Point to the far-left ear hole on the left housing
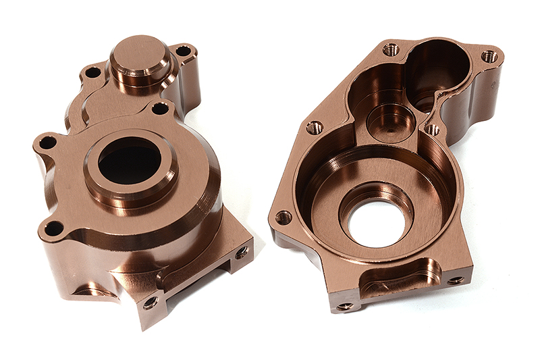47,143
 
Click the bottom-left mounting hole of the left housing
53,228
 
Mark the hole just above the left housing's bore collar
160,108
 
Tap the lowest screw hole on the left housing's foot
150,303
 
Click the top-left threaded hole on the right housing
390,49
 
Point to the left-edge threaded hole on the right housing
315,128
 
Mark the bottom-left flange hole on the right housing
283,217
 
